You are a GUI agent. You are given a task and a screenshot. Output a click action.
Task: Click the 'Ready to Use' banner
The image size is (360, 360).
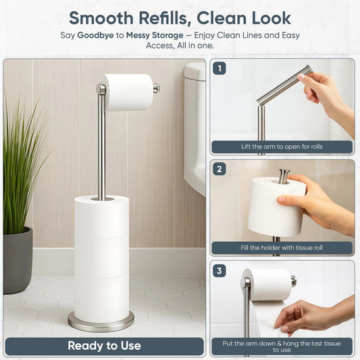coord(104,346)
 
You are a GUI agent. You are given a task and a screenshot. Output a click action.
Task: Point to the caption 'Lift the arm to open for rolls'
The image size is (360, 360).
coord(282,147)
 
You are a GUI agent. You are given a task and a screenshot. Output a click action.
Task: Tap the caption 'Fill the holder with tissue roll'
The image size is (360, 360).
coord(282,248)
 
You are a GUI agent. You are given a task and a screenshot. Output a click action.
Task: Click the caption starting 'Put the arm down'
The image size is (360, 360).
coord(282,346)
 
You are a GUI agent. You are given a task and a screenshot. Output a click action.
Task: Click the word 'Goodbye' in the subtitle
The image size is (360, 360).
coord(95,34)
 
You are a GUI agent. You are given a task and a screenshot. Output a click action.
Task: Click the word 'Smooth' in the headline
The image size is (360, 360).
coord(105,17)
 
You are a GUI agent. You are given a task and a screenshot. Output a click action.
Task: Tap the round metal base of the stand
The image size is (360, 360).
coord(101,322)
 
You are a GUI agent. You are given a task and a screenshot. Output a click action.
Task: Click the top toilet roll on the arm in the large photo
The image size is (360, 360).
coord(128,92)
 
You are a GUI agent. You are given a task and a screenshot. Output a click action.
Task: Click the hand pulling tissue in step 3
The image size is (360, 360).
coord(311,314)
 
